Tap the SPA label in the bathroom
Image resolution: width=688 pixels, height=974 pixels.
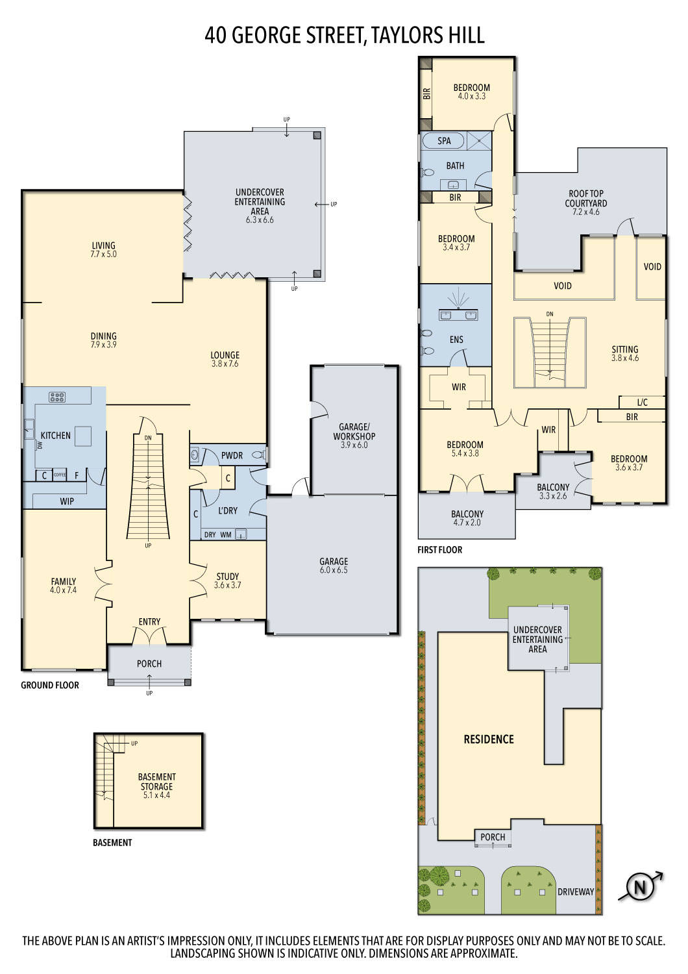pyautogui.click(x=444, y=141)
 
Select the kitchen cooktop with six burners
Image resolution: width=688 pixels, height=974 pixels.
pyautogui.click(x=57, y=397)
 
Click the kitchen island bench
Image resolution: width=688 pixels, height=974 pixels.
pyautogui.click(x=83, y=436)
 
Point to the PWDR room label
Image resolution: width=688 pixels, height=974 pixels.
pyautogui.click(x=232, y=456)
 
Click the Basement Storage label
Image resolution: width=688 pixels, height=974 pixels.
pyautogui.click(x=156, y=782)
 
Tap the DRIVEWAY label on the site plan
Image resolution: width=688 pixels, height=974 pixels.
pyautogui.click(x=576, y=892)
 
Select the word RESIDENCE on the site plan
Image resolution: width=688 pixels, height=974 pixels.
pyautogui.click(x=488, y=739)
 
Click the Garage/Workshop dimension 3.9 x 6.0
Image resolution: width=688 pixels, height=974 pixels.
pyautogui.click(x=354, y=445)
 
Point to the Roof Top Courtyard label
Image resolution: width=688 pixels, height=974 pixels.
pyautogui.click(x=585, y=198)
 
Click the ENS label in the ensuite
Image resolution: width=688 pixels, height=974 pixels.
pyautogui.click(x=456, y=340)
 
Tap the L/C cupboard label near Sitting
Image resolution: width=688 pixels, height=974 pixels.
pyautogui.click(x=642, y=403)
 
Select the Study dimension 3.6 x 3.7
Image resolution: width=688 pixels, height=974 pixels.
pyautogui.click(x=227, y=585)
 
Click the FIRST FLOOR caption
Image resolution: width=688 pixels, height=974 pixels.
pyautogui.click(x=439, y=550)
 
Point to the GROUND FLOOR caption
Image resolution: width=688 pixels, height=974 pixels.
pyautogui.click(x=50, y=685)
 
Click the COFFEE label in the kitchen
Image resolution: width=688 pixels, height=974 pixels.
pyautogui.click(x=60, y=475)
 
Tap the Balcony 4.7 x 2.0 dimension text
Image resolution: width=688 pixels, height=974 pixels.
pyautogui.click(x=467, y=523)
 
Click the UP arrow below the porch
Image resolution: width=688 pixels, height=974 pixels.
pyautogui.click(x=149, y=681)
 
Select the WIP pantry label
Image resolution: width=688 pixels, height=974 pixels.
pyautogui.click(x=67, y=501)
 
